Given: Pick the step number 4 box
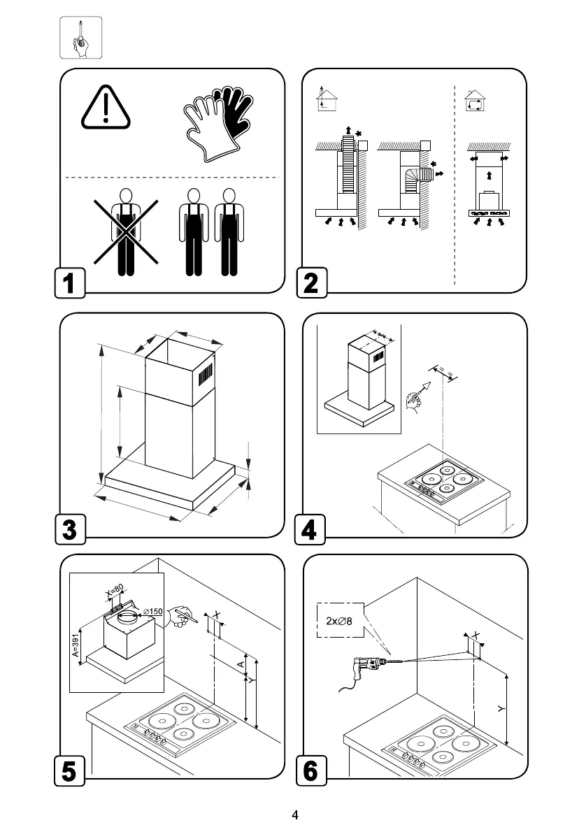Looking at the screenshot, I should click(311, 529).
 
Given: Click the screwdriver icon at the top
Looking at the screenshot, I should click(80, 38).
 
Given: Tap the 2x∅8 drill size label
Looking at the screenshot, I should click(340, 619).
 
